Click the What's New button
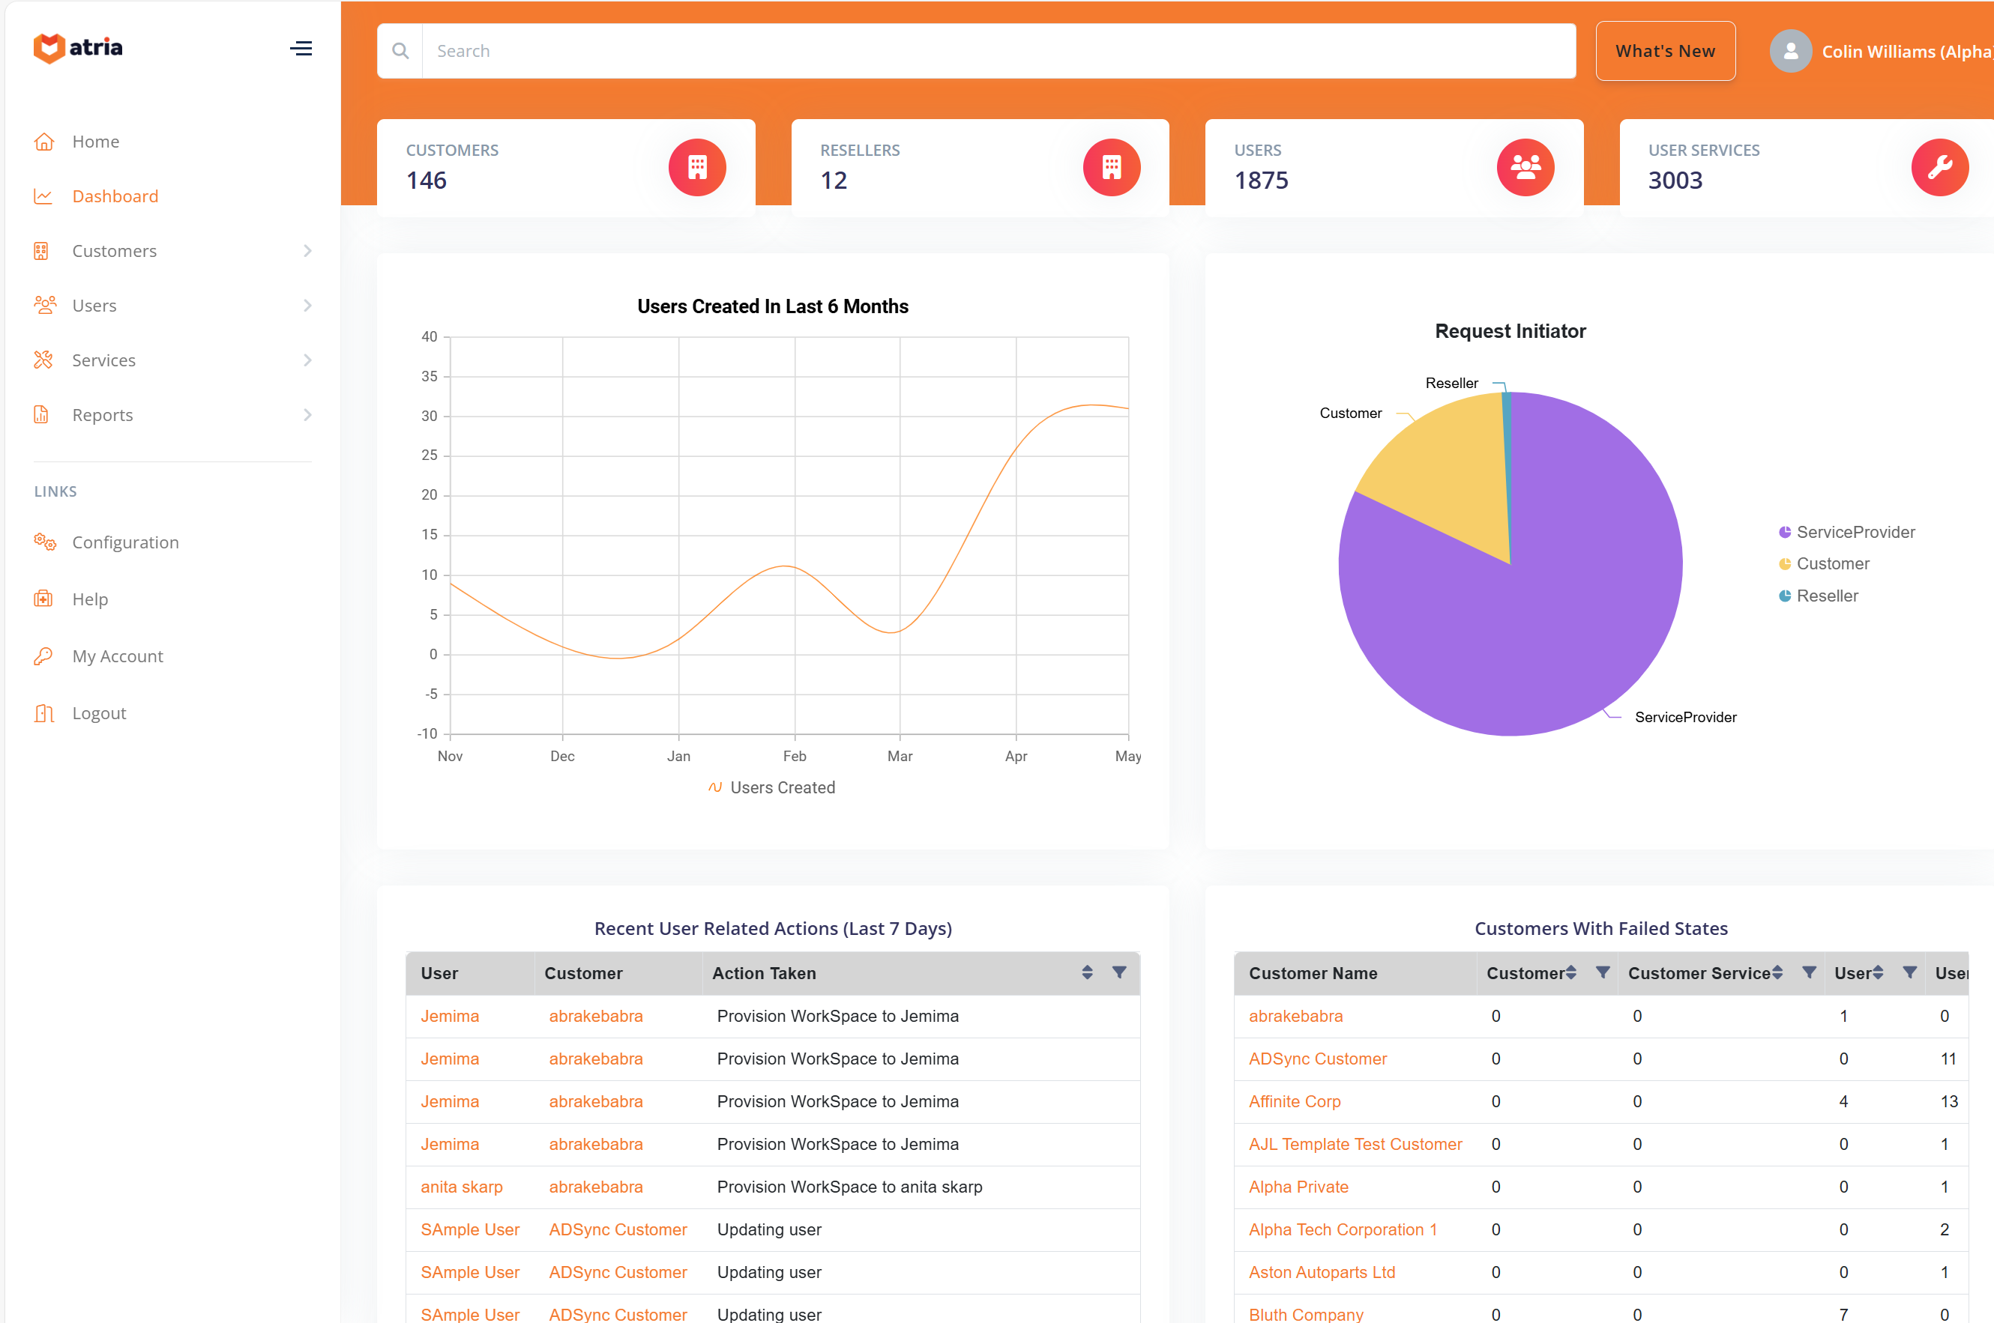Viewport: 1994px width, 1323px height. [x=1664, y=52]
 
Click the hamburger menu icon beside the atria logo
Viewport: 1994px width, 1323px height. [x=301, y=49]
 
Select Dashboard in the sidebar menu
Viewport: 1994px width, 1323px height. [x=115, y=196]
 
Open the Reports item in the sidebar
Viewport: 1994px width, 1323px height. [x=102, y=415]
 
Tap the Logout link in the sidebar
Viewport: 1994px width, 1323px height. [x=99, y=713]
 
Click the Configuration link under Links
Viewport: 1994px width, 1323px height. [x=125, y=542]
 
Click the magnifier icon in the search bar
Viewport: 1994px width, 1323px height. [x=400, y=52]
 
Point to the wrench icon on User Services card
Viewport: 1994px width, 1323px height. [x=1939, y=167]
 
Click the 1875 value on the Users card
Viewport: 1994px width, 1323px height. [x=1260, y=181]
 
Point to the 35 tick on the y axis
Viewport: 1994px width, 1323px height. [x=429, y=376]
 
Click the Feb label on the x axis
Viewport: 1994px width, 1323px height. [x=794, y=756]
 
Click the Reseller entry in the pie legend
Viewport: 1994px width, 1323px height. [x=1826, y=596]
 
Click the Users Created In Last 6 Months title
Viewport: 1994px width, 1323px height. [x=771, y=306]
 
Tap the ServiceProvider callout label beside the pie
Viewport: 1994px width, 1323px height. [x=1684, y=717]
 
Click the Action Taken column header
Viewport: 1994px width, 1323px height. [x=763, y=973]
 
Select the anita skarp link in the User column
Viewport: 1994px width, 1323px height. [x=461, y=1187]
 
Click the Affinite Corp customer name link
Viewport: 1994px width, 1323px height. [x=1293, y=1101]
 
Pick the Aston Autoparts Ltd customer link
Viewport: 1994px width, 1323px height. [x=1320, y=1271]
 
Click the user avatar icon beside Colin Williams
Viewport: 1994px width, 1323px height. [x=1789, y=52]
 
